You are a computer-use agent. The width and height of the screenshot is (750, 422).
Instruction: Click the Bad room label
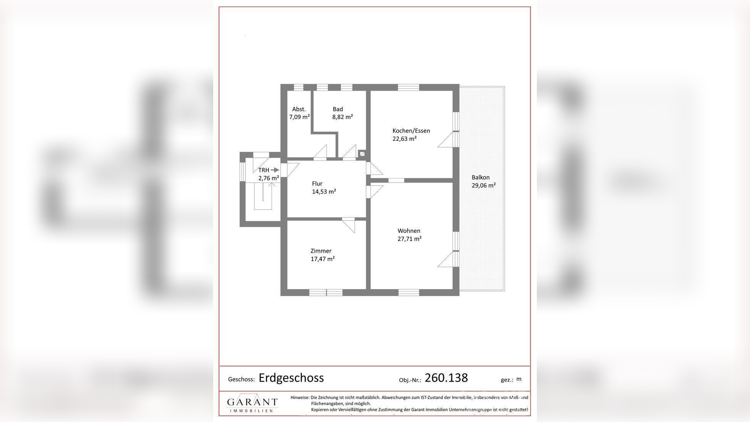click(x=337, y=109)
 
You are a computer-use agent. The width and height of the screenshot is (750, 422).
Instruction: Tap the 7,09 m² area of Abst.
click(x=299, y=117)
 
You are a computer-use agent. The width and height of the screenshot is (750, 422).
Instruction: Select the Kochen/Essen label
click(x=411, y=131)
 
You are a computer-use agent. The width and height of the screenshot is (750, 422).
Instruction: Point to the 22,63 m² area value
click(x=404, y=139)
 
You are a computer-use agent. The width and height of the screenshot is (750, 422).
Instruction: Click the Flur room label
click(x=317, y=184)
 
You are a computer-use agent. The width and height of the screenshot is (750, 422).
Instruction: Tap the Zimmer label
click(x=321, y=251)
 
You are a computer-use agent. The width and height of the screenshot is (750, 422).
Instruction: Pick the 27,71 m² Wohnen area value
click(x=409, y=239)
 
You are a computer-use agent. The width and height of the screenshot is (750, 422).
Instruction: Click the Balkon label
click(x=480, y=178)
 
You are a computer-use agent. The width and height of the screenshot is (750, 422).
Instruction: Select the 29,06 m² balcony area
click(x=483, y=185)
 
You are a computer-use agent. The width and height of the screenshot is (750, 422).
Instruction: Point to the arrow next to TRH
click(x=275, y=170)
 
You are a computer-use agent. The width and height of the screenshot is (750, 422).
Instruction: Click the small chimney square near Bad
click(x=362, y=154)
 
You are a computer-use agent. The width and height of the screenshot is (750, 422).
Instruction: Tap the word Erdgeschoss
click(x=291, y=378)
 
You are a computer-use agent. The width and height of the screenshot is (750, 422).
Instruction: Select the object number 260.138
click(x=446, y=378)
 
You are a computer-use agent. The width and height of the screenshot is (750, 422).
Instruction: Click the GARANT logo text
click(x=252, y=402)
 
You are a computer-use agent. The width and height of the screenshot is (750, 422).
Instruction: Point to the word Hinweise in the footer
click(x=299, y=398)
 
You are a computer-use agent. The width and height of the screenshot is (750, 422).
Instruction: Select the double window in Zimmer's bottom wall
click(x=326, y=293)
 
